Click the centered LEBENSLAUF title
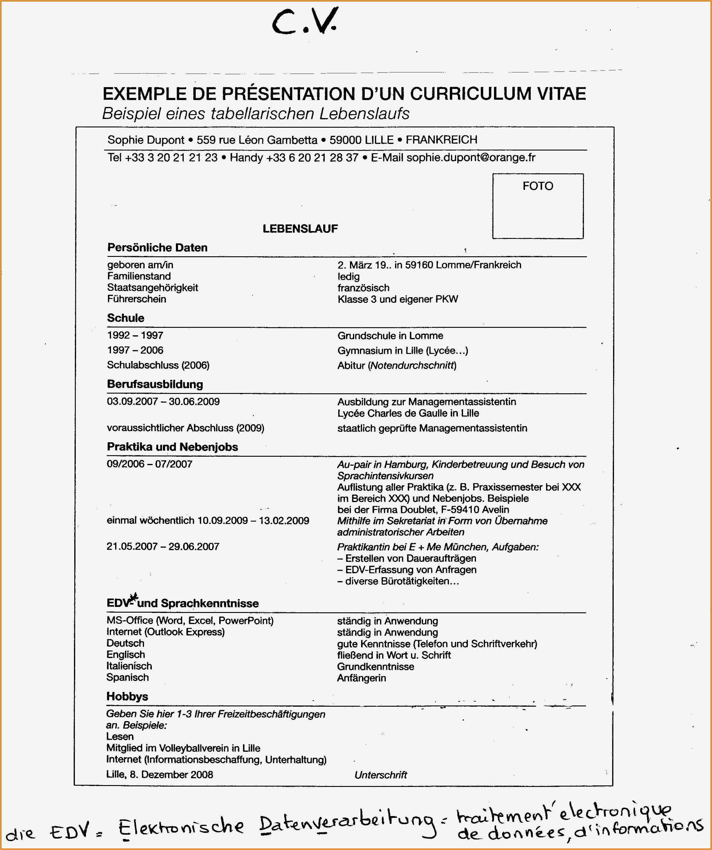(300, 229)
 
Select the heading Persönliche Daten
(157, 247)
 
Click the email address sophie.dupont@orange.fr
(471, 157)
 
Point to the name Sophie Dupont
(146, 140)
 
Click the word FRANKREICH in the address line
(441, 140)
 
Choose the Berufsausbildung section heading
(155, 384)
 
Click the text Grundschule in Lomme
(390, 336)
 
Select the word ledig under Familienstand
(348, 276)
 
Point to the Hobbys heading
(127, 696)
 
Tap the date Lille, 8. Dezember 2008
(159, 774)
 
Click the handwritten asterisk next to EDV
(134, 597)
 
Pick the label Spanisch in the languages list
(127, 677)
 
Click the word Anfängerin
(361, 678)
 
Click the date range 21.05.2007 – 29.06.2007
(162, 547)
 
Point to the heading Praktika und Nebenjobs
(172, 447)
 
